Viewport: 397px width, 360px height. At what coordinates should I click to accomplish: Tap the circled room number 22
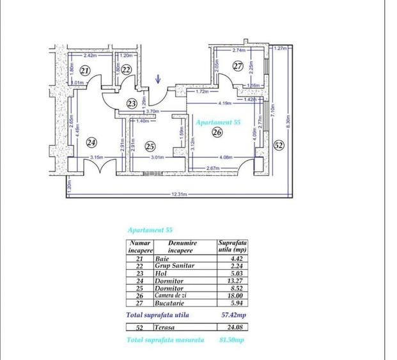[x=127, y=70]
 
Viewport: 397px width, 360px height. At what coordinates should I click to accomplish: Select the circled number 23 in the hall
[x=132, y=103]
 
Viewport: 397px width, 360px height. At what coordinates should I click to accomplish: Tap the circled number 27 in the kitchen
[x=238, y=66]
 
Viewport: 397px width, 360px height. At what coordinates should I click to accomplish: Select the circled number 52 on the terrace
[x=279, y=145]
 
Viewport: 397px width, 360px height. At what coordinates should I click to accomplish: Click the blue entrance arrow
[x=159, y=80]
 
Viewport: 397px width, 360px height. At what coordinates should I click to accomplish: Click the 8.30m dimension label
[x=289, y=120]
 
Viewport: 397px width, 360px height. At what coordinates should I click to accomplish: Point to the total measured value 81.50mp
[x=231, y=340]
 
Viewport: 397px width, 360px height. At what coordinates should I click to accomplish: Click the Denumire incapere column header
[x=183, y=247]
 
